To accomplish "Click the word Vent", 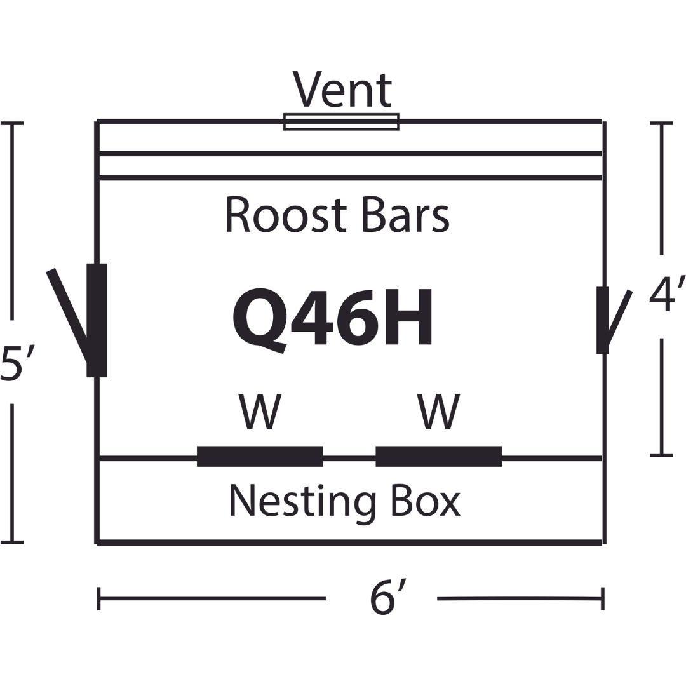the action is click(342, 91).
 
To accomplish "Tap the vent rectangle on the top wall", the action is click(341, 121).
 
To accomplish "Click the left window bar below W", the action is click(260, 456).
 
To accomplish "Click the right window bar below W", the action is click(438, 456).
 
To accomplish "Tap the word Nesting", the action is click(302, 502).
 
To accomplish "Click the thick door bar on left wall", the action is click(97, 319).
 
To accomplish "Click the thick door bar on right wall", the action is click(603, 319).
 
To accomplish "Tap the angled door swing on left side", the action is click(70, 318).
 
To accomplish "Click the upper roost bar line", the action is click(351, 153).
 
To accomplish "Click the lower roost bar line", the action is click(351, 178).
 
